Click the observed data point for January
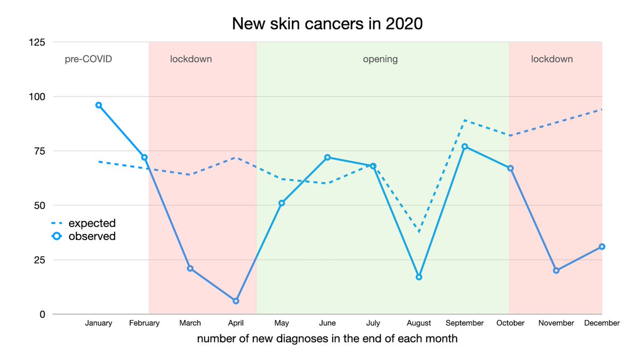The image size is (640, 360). click(x=99, y=105)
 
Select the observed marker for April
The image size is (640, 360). click(x=236, y=301)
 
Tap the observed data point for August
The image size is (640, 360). click(x=419, y=277)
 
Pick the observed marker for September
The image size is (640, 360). click(x=465, y=146)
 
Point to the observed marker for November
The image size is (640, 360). click(x=556, y=270)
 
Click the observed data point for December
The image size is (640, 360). click(x=602, y=246)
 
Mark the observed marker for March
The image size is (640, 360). click(x=190, y=268)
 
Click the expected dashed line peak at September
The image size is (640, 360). click(x=465, y=120)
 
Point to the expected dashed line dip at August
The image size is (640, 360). click(x=419, y=232)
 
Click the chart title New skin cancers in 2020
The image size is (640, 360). click(x=327, y=24)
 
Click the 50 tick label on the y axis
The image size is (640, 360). click(x=39, y=205)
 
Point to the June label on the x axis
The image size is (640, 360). click(x=327, y=323)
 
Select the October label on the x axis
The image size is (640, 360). click(x=510, y=323)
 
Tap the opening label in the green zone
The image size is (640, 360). click(x=380, y=59)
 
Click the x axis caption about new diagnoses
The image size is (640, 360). click(x=327, y=339)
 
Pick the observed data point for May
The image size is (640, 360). click(x=282, y=203)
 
